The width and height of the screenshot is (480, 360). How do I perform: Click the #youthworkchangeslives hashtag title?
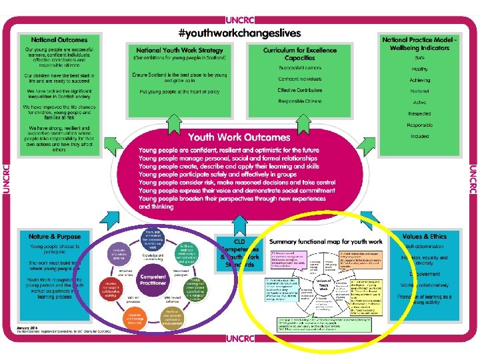point(240,33)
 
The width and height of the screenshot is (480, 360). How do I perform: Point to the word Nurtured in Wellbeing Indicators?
point(419,91)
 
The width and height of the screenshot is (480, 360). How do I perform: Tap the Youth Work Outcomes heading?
point(239,137)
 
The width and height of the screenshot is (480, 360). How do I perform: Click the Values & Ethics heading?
point(425,237)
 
